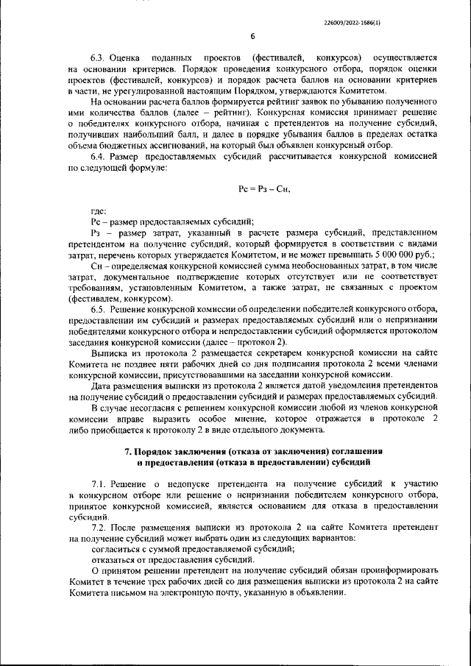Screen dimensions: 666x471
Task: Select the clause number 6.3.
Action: point(100,57)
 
